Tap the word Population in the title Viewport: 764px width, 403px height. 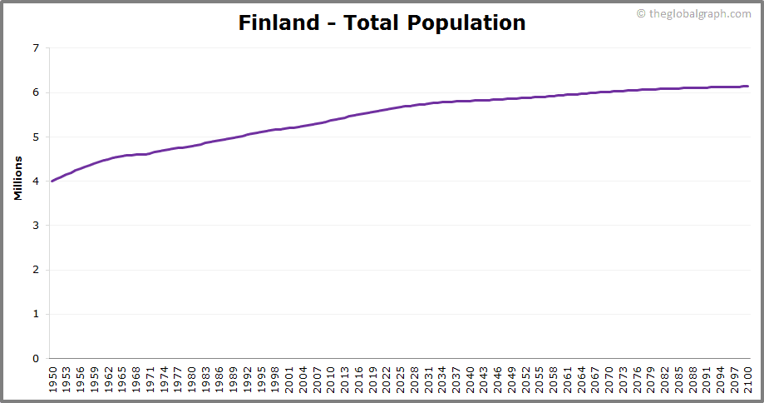[x=466, y=22]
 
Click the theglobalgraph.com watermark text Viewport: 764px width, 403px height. [x=698, y=13]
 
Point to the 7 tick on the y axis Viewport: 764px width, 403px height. [x=36, y=48]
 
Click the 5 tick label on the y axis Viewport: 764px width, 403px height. [x=36, y=137]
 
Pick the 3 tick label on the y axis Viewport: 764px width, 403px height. [x=36, y=226]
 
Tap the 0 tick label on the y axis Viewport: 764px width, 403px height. [x=36, y=359]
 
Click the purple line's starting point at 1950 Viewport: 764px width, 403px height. [x=52, y=181]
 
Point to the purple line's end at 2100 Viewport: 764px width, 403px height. [x=747, y=86]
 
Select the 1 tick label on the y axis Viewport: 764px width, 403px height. [x=36, y=314]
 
